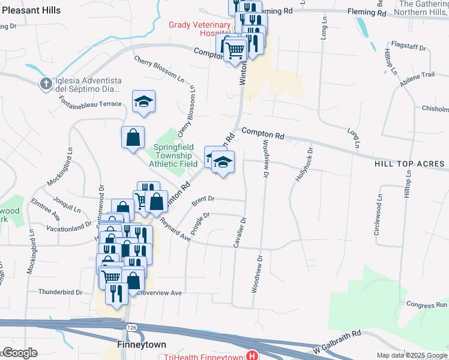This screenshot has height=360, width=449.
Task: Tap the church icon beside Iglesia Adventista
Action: (46, 84)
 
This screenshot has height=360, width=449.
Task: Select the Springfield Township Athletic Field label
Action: (176, 155)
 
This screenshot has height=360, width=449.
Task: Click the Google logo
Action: (20, 353)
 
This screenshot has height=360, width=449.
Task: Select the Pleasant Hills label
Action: (30, 10)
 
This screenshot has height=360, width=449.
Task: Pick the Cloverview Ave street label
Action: (158, 293)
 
